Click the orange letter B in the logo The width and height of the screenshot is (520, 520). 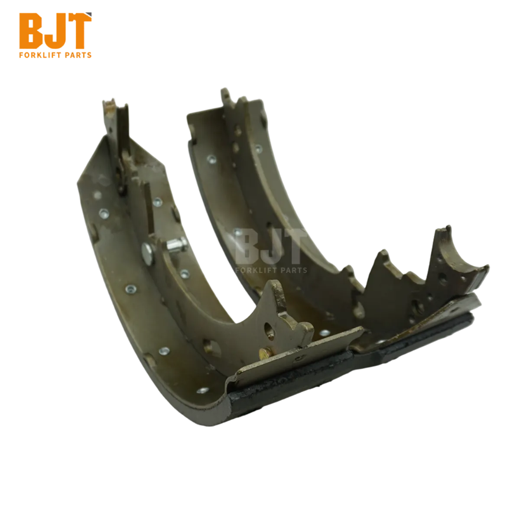click(31, 31)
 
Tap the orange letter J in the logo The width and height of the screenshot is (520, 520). click(55, 31)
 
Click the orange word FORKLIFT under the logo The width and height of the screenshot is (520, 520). click(41, 55)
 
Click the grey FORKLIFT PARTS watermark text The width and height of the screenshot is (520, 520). click(271, 270)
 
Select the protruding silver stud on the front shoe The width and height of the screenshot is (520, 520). click(176, 244)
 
